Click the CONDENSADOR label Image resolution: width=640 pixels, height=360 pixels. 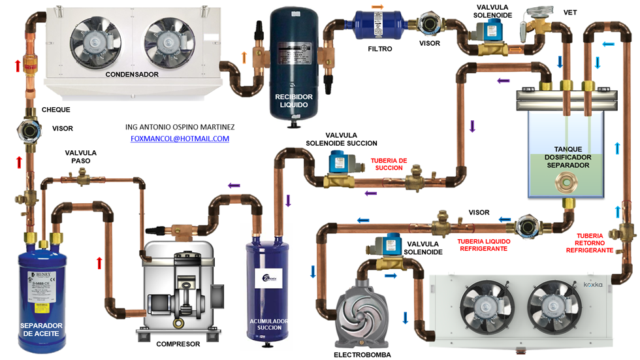(x=132, y=74)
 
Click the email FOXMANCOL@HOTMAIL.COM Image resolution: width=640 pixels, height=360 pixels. (x=180, y=139)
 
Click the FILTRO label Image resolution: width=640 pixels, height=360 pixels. (x=380, y=48)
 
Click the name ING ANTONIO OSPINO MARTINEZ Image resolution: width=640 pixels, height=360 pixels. (x=180, y=126)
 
